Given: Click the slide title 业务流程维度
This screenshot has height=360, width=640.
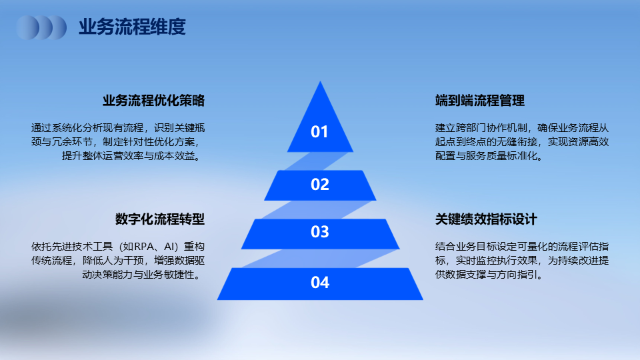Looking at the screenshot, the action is point(132,27).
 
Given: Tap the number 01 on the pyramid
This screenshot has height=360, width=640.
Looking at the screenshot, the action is point(319,132).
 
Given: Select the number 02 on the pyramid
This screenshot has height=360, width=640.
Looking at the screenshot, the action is point(319,185).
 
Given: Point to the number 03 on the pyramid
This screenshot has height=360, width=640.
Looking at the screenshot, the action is point(319,232).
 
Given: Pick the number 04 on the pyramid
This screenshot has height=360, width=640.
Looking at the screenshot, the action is point(319,283).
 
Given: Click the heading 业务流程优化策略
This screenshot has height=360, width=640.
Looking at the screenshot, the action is point(153,101).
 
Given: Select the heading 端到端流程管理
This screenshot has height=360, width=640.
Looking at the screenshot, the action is point(480,101).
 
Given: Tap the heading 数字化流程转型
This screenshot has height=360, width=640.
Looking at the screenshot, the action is point(160,219).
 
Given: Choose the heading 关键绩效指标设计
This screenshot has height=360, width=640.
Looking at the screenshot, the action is point(486,219).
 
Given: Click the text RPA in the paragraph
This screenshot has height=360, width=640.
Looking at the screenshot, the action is point(143,247).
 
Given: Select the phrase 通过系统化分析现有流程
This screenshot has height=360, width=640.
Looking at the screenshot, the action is point(87,128).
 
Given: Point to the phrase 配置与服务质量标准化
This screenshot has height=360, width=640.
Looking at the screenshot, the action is point(486,156).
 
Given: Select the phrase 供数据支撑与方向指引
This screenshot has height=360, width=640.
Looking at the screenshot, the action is point(486,274).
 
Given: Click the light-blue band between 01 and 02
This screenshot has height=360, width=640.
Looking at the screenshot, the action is point(316,161).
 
